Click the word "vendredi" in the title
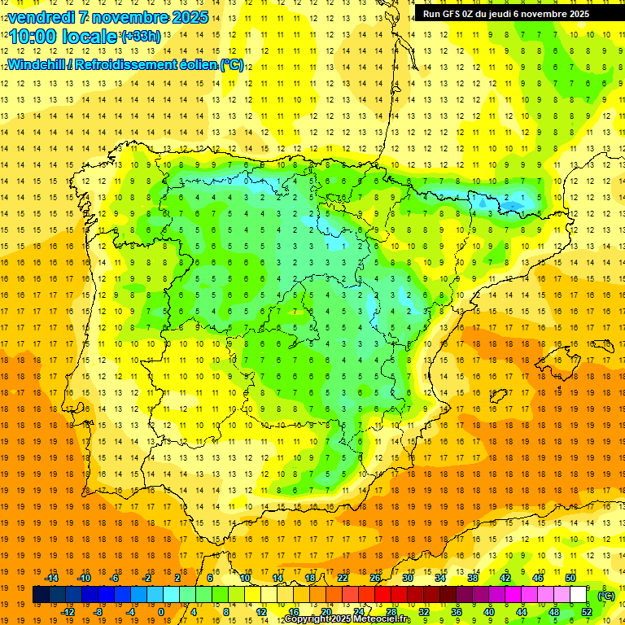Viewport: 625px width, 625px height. pyautogui.click(x=41, y=17)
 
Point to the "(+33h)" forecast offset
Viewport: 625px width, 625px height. pyautogui.click(x=141, y=37)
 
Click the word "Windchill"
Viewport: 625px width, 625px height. pyautogui.click(x=37, y=64)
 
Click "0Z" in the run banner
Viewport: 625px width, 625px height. pyautogui.click(x=474, y=14)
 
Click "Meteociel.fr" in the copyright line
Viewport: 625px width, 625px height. pyautogui.click(x=382, y=619)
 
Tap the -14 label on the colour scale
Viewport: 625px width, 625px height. pyautogui.click(x=52, y=578)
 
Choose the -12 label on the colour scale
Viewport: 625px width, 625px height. pyautogui.click(x=68, y=612)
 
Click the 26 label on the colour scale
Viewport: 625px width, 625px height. pyautogui.click(x=375, y=578)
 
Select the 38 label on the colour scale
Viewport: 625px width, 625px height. pyautogui.click(x=473, y=578)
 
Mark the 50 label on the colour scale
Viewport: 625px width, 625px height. pyautogui.click(x=570, y=578)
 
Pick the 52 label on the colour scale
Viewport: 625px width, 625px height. pyautogui.click(x=587, y=612)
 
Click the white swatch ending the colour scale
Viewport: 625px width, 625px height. pyautogui.click(x=579, y=595)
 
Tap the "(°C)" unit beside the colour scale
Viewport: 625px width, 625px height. pyautogui.click(x=605, y=595)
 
